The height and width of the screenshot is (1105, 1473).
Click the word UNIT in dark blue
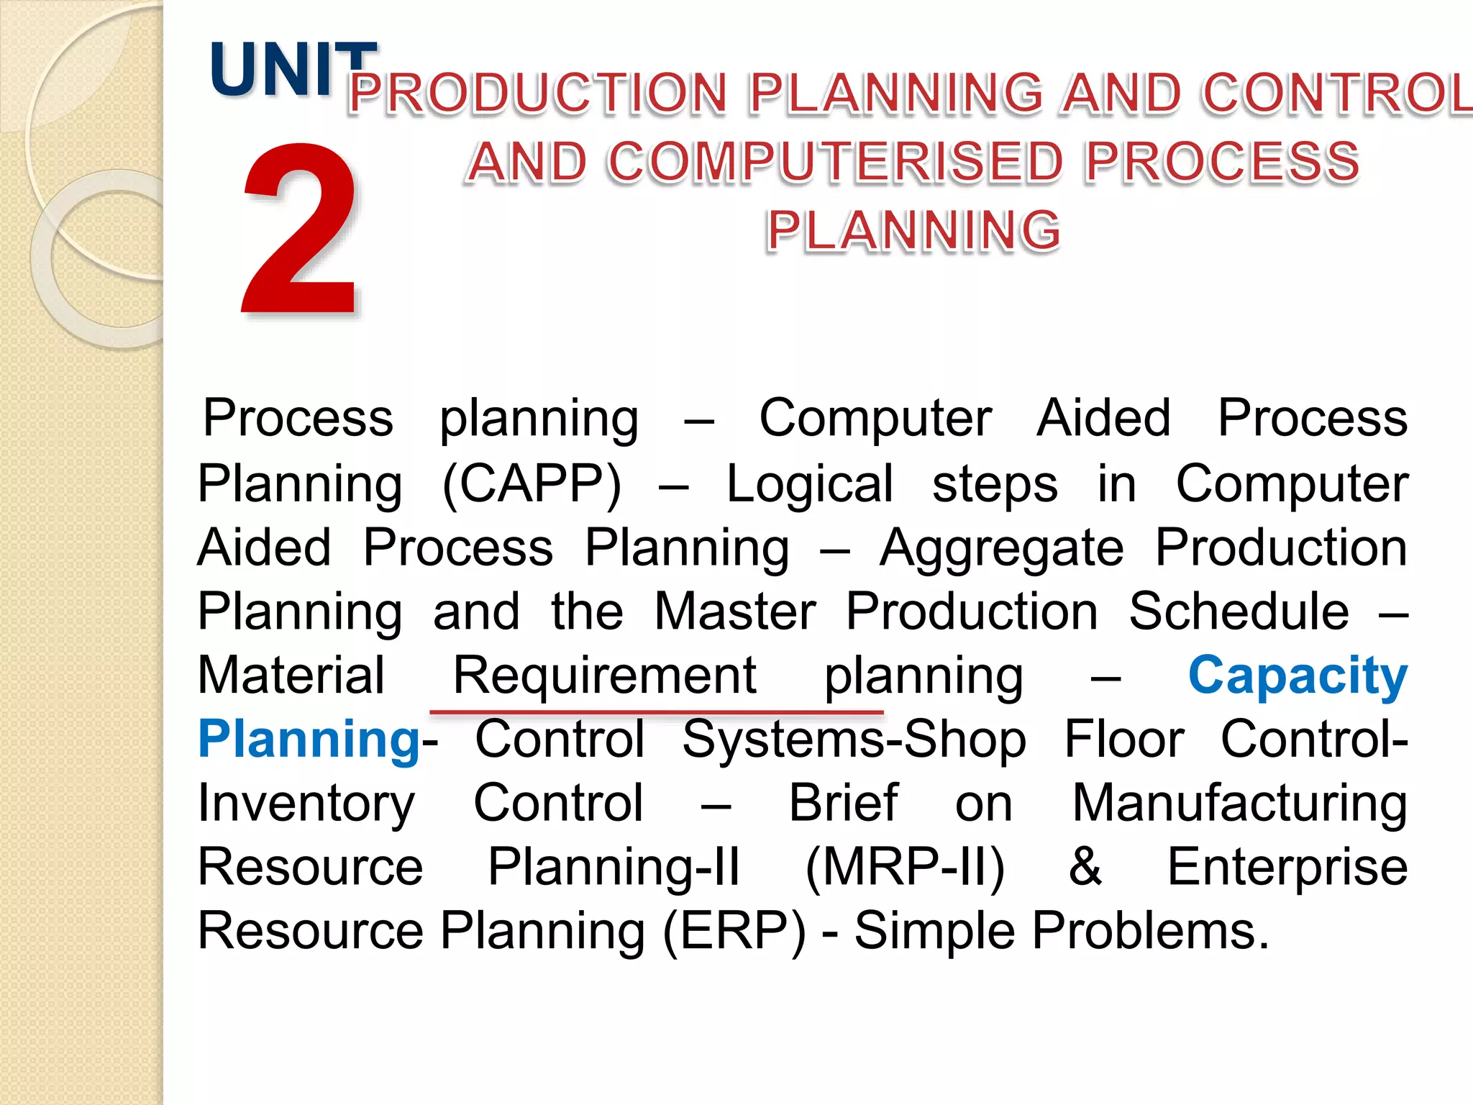click(291, 70)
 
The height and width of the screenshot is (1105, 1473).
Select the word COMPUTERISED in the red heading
click(835, 162)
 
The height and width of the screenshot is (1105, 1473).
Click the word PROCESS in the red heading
click(1222, 162)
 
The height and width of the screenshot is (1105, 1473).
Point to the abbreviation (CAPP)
click(532, 483)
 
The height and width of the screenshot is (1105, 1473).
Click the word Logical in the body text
click(810, 483)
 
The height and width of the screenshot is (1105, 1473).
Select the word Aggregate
click(1002, 548)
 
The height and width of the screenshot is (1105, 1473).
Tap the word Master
click(735, 611)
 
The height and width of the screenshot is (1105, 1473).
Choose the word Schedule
click(1239, 611)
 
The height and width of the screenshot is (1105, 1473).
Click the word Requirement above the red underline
click(604, 676)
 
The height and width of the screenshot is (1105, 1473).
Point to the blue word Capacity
click(1298, 676)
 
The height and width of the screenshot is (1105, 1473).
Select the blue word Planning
click(309, 740)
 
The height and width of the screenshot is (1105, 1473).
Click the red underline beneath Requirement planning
click(656, 712)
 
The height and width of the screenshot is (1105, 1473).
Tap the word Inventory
click(306, 803)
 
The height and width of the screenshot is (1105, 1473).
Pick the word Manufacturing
click(1239, 803)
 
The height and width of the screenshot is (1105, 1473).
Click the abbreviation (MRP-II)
click(905, 867)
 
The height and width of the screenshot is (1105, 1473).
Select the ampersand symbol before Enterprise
click(1085, 867)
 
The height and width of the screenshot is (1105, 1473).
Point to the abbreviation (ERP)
click(734, 931)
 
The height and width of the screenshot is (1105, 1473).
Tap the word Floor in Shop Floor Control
click(1123, 740)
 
